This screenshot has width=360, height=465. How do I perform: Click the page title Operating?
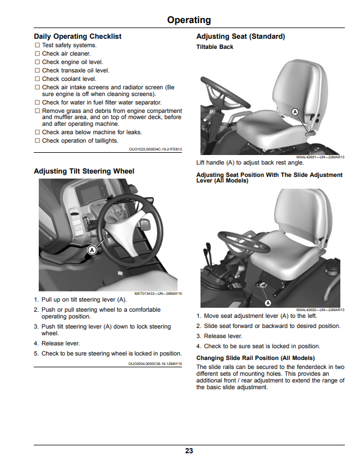pos(189,20)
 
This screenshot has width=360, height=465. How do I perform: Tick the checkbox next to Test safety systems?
pos(38,45)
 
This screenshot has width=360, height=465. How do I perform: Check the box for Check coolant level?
pos(38,79)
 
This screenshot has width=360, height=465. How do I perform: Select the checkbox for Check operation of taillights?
pos(38,140)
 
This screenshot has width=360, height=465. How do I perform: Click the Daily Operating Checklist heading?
pos(78,37)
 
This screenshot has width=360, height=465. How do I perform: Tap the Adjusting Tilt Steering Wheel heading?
pos(84,171)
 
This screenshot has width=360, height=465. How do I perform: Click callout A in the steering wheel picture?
pos(92,250)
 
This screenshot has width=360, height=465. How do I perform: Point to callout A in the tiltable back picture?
pos(295,112)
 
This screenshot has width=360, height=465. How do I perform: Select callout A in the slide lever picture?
pos(268,303)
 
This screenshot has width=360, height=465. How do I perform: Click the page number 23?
pos(189,451)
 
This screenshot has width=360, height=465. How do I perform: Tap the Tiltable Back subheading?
pos(215,47)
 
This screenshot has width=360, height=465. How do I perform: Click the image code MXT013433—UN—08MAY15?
pos(158,294)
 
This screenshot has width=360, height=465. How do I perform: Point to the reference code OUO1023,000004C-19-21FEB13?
pos(155,149)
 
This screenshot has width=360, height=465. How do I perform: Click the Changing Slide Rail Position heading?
pos(256,358)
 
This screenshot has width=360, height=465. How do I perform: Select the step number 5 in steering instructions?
pos(36,353)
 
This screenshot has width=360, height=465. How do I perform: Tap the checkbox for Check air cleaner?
pos(38,54)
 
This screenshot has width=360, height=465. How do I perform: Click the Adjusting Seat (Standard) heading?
pos(240,37)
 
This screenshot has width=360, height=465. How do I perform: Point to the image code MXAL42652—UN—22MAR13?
pos(320,310)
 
